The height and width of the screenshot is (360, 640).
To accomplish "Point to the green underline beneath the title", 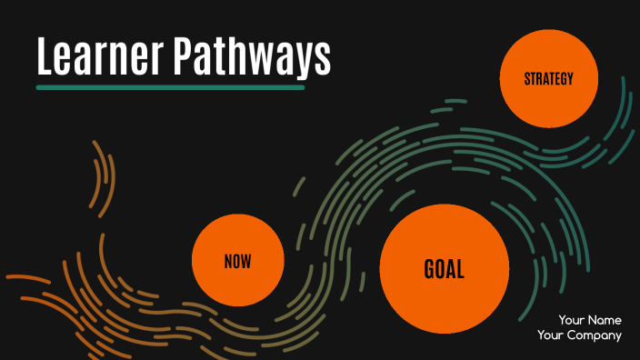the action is click(170, 88).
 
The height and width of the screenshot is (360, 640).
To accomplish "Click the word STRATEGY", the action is click(549, 79).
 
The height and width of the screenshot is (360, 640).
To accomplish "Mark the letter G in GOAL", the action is click(430, 269).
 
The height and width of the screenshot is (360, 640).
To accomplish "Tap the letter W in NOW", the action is click(246, 262).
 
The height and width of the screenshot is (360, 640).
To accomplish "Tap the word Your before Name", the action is click(571, 320).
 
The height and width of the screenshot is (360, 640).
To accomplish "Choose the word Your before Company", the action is click(551, 335).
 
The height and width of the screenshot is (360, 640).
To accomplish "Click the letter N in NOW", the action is click(228, 262).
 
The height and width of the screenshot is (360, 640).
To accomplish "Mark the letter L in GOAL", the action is click(460, 269).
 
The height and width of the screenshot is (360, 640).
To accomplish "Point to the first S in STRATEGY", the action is click(527, 79).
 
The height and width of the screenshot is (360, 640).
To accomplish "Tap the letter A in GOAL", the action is click(451, 269).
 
